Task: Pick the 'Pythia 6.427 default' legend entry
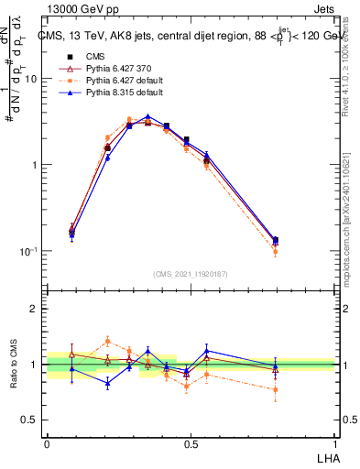(110, 81)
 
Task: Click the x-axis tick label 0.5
(191, 442)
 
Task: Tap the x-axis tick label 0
(47, 442)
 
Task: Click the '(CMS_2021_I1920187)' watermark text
(191, 272)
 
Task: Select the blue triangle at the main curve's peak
(147, 117)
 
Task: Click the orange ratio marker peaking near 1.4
(107, 341)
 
